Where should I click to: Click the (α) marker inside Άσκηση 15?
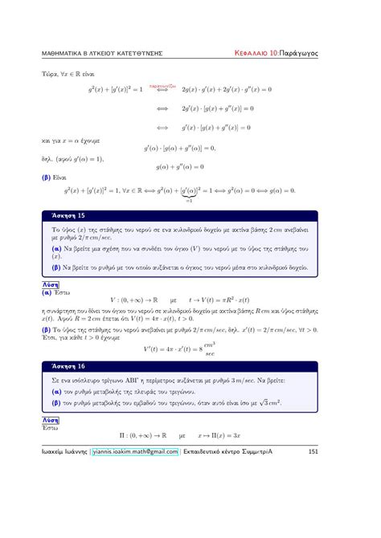(56, 249)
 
